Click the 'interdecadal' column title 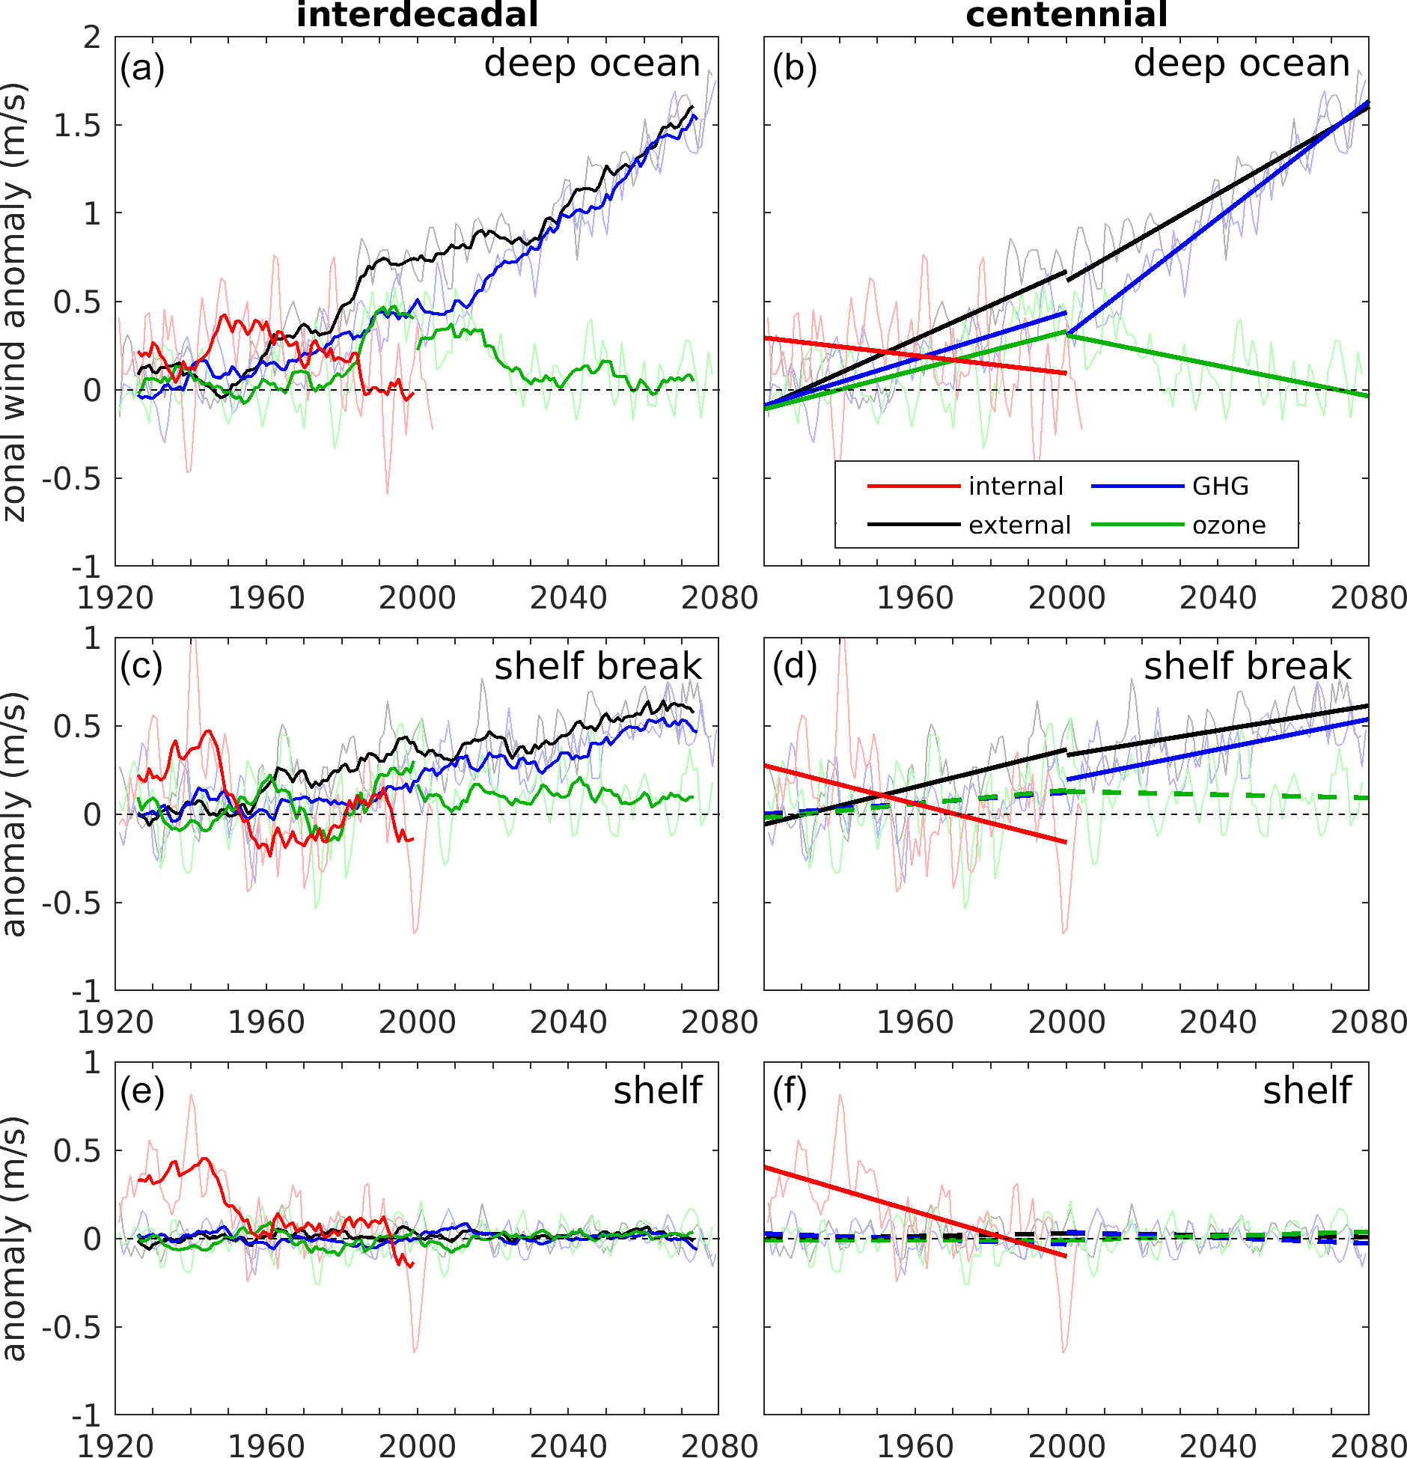(x=417, y=15)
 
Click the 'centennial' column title (x=1066, y=15)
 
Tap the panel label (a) (x=142, y=69)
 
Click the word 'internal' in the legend (x=1016, y=486)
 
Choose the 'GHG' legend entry (x=1221, y=486)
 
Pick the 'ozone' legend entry (x=1229, y=525)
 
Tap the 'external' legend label (x=1019, y=525)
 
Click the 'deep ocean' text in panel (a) (x=592, y=64)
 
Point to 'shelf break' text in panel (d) (x=1248, y=666)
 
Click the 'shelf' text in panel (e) (x=658, y=1091)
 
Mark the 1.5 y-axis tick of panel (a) (x=77, y=126)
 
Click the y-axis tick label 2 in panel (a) (x=92, y=37)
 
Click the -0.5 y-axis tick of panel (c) (x=71, y=903)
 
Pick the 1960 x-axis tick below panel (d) (x=915, y=1022)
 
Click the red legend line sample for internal (x=913, y=486)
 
